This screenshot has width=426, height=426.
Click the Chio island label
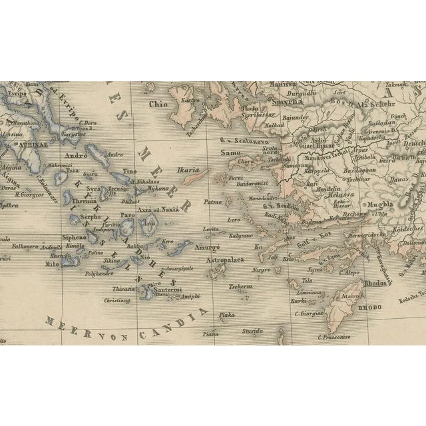(158, 105)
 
